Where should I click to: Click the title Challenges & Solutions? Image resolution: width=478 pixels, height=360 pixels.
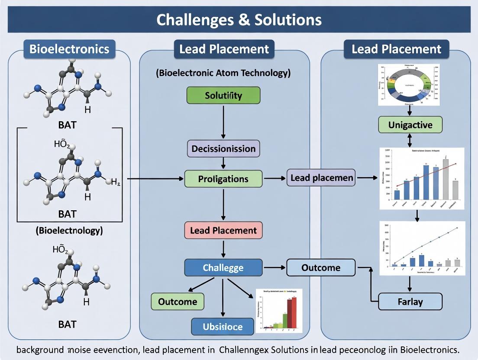click(x=239, y=20)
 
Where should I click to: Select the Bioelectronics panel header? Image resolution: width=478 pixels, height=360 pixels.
click(x=69, y=49)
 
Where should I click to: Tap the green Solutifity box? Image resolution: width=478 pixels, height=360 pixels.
click(x=223, y=95)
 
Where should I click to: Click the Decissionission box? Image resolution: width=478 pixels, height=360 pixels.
click(x=223, y=148)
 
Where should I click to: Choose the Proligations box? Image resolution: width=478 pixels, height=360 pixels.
click(x=223, y=179)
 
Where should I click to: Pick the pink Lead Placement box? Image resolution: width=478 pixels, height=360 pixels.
click(x=223, y=230)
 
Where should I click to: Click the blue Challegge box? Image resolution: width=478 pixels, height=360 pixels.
click(x=223, y=267)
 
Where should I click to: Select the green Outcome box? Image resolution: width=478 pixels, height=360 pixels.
click(x=178, y=301)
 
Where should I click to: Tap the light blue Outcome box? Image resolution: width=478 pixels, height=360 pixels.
click(x=321, y=267)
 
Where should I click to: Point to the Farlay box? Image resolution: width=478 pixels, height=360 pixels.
click(x=410, y=301)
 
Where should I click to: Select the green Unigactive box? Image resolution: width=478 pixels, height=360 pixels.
click(x=410, y=125)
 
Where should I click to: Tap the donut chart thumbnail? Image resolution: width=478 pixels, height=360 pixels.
click(x=409, y=85)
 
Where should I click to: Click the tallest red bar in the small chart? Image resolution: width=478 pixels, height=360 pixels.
click(x=294, y=312)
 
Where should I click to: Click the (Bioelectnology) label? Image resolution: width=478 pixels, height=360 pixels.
click(x=69, y=230)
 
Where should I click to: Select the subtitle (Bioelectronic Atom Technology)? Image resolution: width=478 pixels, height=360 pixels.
click(x=223, y=72)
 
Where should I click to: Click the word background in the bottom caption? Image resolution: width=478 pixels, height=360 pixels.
click(x=40, y=349)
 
